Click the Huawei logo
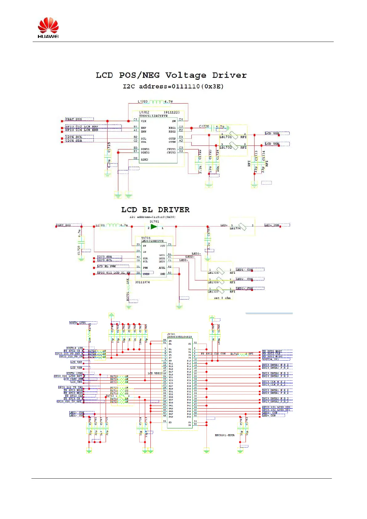[x=48, y=28]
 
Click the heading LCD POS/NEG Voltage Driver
[x=171, y=75]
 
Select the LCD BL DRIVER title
[x=155, y=210]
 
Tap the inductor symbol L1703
[x=157, y=102]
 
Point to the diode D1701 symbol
[x=154, y=227]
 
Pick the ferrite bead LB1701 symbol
[x=233, y=135]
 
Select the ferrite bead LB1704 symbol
[x=243, y=227]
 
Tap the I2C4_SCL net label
[x=74, y=137]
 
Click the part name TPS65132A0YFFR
[x=153, y=116]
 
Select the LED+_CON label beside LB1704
[x=272, y=225]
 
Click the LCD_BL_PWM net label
[x=107, y=266]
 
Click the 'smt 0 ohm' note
[x=222, y=298]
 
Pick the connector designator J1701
[x=171, y=334]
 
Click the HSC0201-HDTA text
[x=225, y=435]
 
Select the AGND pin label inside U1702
[x=144, y=160]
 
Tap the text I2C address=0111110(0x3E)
[x=173, y=86]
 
